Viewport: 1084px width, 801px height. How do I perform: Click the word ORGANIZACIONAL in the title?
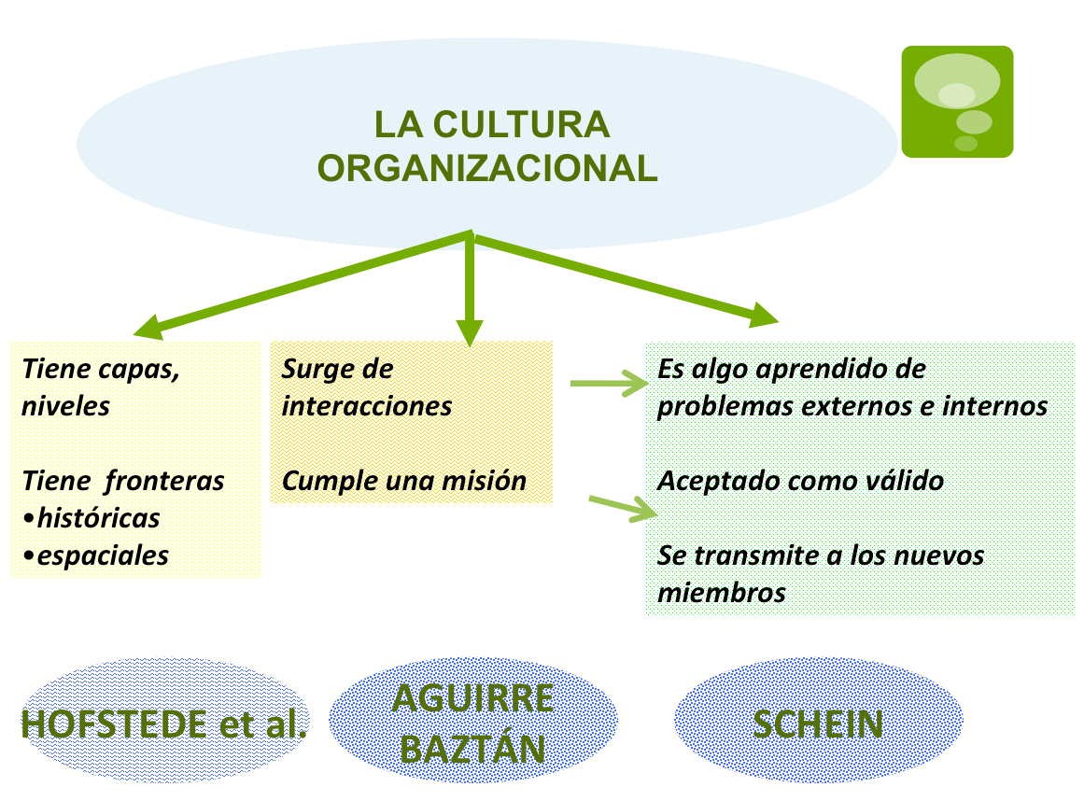pyautogui.click(x=487, y=168)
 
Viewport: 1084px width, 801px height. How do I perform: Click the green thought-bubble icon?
pyautogui.click(x=956, y=101)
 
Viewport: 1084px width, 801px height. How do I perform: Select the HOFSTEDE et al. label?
pyautogui.click(x=163, y=724)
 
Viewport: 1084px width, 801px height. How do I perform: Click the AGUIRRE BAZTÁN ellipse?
pyautogui.click(x=473, y=724)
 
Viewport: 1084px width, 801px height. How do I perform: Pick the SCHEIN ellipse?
pyautogui.click(x=818, y=724)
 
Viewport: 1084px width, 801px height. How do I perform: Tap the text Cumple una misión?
pyautogui.click(x=403, y=481)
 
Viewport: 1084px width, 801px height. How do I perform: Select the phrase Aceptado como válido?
pyautogui.click(x=800, y=481)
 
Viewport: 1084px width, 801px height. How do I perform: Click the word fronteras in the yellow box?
pyautogui.click(x=164, y=481)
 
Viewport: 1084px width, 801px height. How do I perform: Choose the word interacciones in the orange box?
pyautogui.click(x=367, y=406)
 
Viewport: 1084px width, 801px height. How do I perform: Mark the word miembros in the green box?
pyautogui.click(x=721, y=593)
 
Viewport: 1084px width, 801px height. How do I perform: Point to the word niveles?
pyautogui.click(x=66, y=406)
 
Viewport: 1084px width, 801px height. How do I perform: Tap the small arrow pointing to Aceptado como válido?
pyautogui.click(x=624, y=507)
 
